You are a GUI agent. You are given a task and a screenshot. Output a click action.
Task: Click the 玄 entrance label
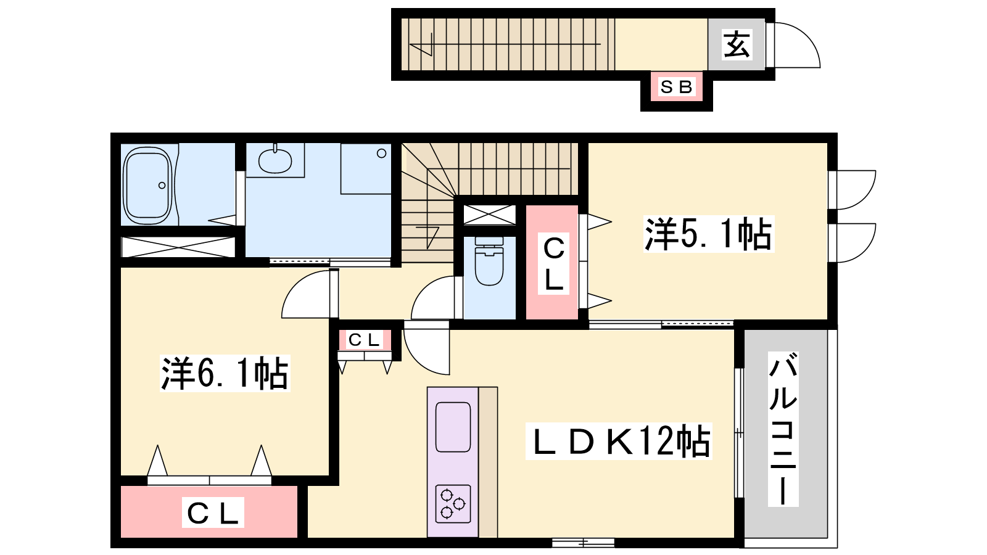point(737,44)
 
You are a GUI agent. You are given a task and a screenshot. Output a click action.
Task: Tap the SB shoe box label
point(676,87)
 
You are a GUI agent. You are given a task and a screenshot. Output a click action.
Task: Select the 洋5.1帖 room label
point(709,234)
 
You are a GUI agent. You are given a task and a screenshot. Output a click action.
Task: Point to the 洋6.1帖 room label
point(225,373)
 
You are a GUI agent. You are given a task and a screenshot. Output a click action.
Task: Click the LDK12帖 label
point(619,442)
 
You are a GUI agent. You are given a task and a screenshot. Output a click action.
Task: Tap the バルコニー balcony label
point(783,429)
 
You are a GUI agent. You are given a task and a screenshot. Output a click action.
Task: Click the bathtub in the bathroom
point(147,186)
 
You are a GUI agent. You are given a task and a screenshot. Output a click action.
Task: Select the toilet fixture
point(489,261)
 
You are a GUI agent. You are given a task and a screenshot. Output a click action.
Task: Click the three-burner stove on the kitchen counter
point(453,503)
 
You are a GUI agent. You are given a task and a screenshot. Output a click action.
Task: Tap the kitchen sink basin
point(453,427)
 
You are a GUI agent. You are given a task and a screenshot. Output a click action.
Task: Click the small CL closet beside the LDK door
point(365,340)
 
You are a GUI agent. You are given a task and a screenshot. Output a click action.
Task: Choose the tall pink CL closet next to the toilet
point(553,262)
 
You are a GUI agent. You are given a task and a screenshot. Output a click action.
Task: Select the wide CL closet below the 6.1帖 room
point(209,512)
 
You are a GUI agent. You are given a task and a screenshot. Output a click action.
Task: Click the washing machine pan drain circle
point(382,154)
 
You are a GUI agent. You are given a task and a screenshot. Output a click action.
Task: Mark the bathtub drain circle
point(162,186)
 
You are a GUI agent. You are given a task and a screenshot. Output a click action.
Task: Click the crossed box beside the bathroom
point(178,247)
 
